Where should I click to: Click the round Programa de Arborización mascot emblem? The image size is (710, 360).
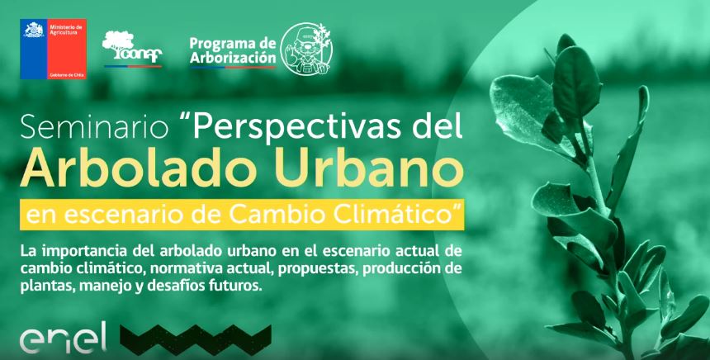[x=308, y=50]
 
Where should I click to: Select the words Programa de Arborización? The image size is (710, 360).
[x=232, y=50]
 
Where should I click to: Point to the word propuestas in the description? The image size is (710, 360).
[x=314, y=268]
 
